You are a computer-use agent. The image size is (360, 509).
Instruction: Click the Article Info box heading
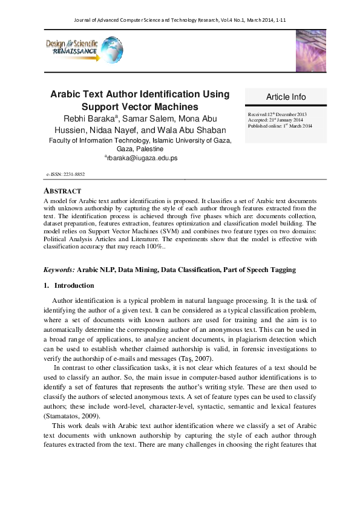pyautogui.click(x=286, y=97)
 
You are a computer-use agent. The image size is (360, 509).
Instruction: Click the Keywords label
pyautogui.click(x=60, y=270)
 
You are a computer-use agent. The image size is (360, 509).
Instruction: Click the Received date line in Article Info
pyautogui.click(x=277, y=114)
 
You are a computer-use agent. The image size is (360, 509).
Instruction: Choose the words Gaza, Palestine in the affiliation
pyautogui.click(x=140, y=149)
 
